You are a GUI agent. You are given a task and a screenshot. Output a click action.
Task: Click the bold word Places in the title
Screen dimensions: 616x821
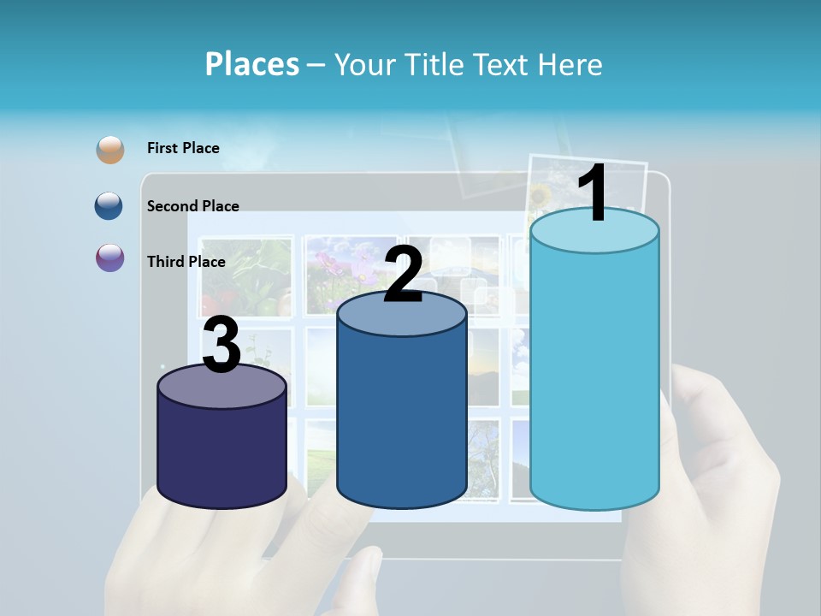[252, 64]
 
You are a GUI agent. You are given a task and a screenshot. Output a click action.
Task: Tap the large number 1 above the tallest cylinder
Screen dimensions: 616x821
[593, 193]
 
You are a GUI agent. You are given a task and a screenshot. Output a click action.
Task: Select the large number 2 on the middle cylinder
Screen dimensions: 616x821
[403, 275]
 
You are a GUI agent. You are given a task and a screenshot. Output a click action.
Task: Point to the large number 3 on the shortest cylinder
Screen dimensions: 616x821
[221, 346]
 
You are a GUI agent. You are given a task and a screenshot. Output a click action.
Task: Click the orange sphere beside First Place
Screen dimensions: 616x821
[110, 149]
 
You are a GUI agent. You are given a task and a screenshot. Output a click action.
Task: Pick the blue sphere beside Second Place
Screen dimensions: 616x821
[110, 206]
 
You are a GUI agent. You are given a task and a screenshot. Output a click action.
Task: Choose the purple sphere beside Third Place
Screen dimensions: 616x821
[110, 258]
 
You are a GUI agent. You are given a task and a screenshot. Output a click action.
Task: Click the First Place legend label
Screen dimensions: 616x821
[183, 148]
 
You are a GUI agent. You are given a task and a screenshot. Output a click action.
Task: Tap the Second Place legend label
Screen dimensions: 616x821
[192, 205]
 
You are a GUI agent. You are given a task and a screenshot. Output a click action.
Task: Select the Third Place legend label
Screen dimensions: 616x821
[186, 262]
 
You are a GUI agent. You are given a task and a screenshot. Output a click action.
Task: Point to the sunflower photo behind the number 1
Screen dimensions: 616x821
[540, 195]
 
